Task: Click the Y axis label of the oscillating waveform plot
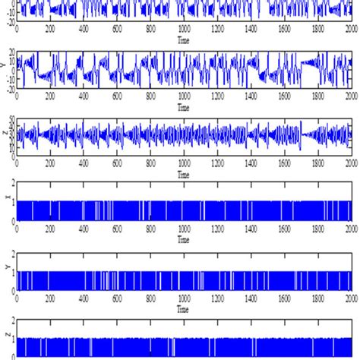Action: point(5,70)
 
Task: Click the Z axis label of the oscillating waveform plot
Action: point(5,137)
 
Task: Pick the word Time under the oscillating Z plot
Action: point(183,174)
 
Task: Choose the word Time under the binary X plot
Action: point(183,239)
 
